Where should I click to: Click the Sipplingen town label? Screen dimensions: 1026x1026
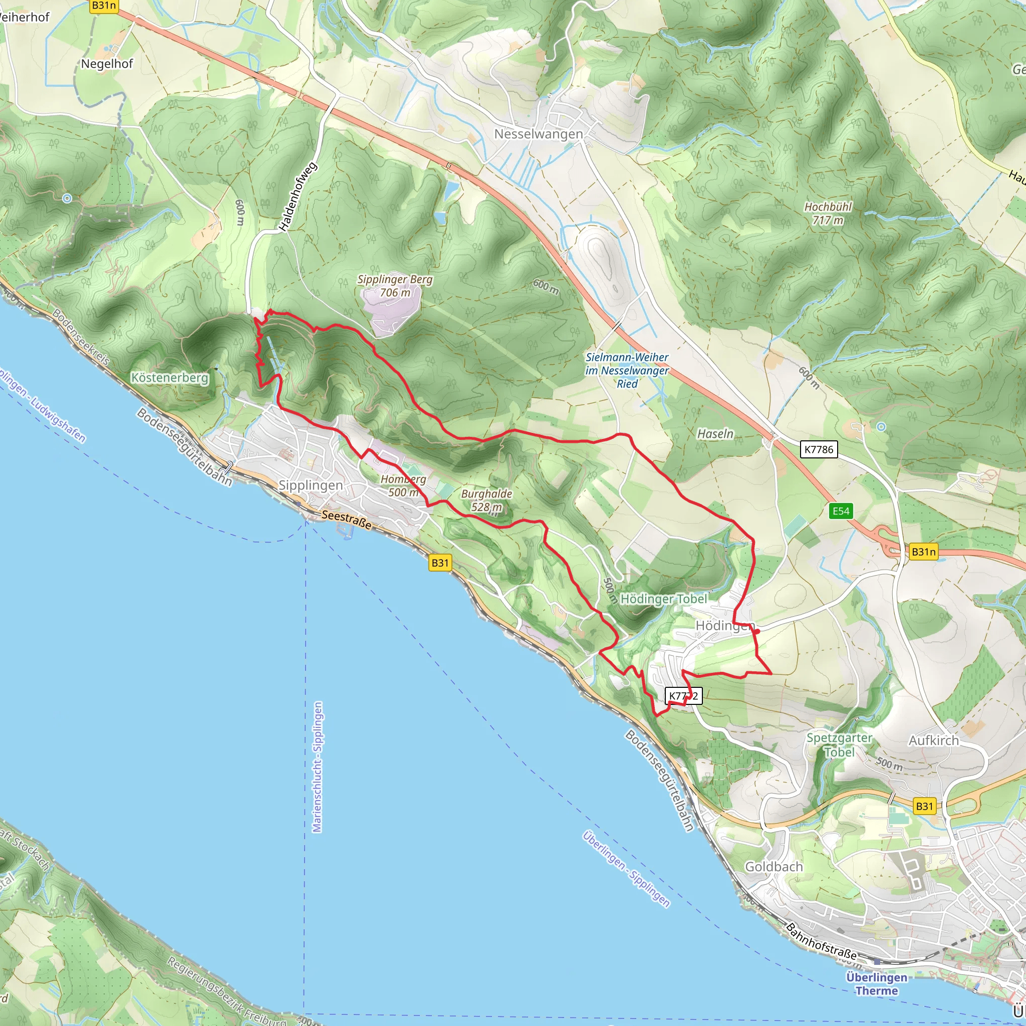point(311,485)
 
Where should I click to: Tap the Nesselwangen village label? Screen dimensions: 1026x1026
point(538,134)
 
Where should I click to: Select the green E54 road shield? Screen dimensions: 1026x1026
point(841,511)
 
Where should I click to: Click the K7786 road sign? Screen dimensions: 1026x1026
point(819,449)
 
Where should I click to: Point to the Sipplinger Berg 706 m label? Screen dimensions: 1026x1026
point(395,286)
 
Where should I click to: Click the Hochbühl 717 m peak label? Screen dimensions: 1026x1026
point(828,213)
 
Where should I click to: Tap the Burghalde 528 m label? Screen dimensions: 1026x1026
point(486,500)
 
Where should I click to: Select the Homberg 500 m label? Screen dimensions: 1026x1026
point(404,485)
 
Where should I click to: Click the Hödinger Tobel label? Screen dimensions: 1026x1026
point(663,599)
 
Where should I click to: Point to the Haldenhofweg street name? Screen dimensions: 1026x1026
point(298,197)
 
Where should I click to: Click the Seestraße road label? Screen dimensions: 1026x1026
point(346,520)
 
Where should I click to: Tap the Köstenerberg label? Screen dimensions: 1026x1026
point(170,378)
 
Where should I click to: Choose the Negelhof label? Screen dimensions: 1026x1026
point(107,64)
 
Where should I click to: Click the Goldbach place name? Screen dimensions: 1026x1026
point(773,867)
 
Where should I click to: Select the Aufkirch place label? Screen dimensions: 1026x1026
point(934,740)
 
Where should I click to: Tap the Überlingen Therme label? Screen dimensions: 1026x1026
point(876,983)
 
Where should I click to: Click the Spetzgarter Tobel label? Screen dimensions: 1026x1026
point(839,744)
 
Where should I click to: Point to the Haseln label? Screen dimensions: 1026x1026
point(715,434)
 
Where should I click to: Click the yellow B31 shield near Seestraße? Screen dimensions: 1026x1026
point(440,563)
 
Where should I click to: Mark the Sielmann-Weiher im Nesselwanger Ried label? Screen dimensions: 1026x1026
point(627,370)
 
